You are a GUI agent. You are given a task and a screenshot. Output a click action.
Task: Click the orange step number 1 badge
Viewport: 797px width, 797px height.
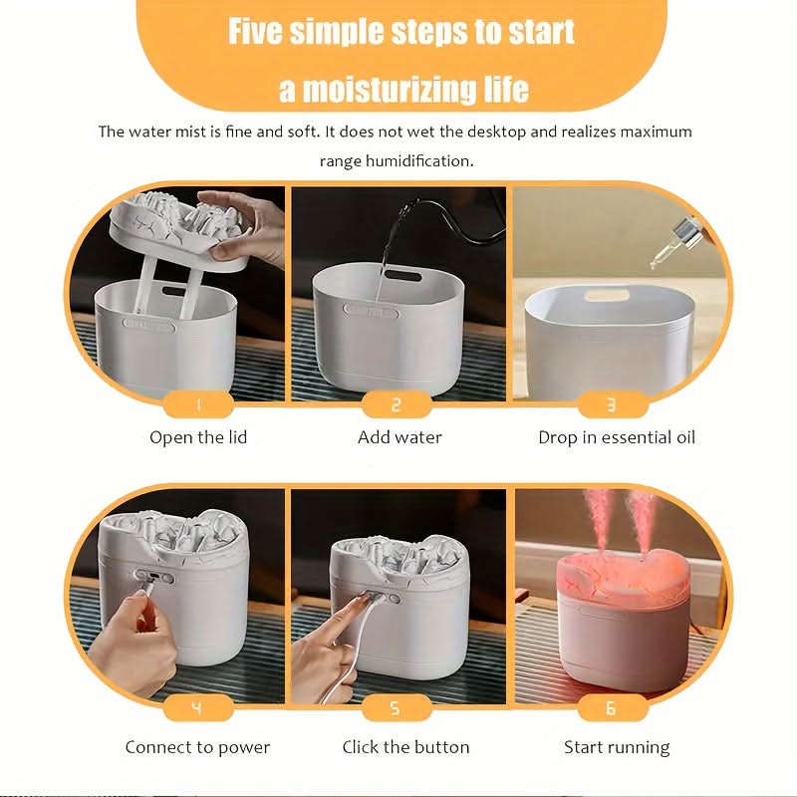(198, 404)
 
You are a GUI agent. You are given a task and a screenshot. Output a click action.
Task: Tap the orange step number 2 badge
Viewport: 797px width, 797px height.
(397, 404)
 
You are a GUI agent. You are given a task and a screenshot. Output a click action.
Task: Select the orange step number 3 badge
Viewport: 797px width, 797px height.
(612, 404)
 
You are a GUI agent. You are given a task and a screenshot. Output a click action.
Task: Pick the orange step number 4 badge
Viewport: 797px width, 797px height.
(198, 707)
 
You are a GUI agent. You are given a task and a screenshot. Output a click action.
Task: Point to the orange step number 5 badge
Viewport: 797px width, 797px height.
(397, 707)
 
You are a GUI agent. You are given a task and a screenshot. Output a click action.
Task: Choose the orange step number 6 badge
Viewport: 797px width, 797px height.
(612, 707)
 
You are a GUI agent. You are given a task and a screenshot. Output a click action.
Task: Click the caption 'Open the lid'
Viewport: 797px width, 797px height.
(198, 437)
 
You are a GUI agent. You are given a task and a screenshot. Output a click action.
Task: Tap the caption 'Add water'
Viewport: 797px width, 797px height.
(399, 437)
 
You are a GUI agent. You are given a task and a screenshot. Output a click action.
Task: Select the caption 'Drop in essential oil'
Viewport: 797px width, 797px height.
(617, 437)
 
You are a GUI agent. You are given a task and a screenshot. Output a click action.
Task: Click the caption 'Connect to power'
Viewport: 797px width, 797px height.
(197, 747)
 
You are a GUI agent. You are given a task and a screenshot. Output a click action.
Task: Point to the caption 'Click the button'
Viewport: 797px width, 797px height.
(405, 746)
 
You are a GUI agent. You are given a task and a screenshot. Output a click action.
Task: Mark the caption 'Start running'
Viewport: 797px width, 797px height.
(617, 748)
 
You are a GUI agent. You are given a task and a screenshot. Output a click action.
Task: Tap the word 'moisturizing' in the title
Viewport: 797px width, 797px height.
(391, 90)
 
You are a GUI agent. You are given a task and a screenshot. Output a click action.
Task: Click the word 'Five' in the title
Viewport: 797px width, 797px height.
(254, 32)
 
